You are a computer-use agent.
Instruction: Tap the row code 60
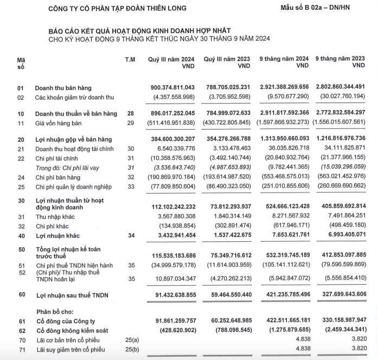tap(21, 294)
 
